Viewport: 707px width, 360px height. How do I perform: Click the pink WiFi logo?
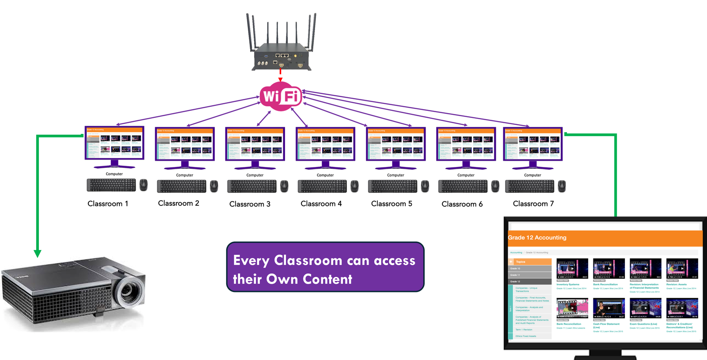[x=281, y=96]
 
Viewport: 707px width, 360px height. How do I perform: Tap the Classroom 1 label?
[x=108, y=204]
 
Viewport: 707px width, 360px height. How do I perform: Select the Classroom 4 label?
[x=321, y=204]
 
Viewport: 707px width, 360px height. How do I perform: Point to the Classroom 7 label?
[x=533, y=204]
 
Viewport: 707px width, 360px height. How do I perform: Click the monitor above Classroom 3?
[x=255, y=144]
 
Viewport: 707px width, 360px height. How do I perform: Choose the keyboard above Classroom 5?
[x=392, y=186]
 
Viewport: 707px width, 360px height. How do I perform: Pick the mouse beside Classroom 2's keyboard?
[x=214, y=186]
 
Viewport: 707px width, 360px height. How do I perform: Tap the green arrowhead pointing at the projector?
[x=38, y=253]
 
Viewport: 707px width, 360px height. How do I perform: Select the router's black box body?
[x=281, y=57]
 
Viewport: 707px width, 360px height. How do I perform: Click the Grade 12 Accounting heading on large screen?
[x=537, y=238]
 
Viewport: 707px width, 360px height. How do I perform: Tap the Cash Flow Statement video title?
[x=606, y=324]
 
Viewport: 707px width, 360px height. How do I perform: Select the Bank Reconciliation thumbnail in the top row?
[x=608, y=269]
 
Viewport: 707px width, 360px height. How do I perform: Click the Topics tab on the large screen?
[x=530, y=262]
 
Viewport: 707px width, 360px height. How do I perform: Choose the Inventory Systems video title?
[x=568, y=284]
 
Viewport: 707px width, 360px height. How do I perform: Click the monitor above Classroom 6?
[x=466, y=144]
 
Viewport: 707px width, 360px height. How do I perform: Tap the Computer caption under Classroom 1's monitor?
[x=114, y=174]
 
